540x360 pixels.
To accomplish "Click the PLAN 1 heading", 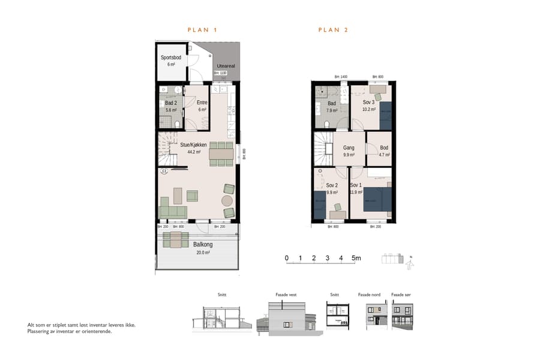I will (202, 29).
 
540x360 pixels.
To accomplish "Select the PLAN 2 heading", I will (333, 29).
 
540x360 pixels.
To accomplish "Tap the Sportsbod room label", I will (171, 58).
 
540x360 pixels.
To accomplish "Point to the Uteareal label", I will (225, 67).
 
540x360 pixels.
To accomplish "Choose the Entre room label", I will (202, 103).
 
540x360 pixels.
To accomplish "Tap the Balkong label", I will (202, 244).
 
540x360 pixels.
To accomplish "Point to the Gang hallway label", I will (349, 148).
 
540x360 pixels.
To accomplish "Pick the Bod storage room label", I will (384, 148).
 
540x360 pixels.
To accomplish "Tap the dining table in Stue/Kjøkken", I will (221, 154).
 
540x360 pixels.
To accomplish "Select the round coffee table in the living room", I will (228, 200).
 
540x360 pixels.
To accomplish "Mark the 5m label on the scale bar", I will (356, 259).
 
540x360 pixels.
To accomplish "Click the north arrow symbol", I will (410, 260).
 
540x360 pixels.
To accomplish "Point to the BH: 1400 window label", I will (341, 77).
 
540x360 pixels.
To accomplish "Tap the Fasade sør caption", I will (401, 295).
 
